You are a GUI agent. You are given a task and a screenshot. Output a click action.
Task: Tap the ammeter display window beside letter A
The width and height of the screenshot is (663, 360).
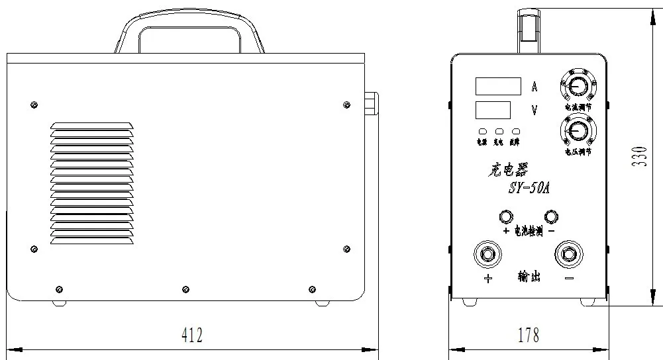point(497,86)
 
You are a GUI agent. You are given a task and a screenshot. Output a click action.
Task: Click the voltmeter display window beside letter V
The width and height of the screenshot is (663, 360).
point(492,109)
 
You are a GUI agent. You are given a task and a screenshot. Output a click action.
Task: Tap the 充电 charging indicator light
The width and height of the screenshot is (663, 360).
point(499,132)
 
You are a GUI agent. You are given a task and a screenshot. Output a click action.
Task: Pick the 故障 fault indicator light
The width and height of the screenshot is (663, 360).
point(515,132)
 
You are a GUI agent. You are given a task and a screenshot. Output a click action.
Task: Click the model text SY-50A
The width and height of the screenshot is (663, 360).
point(528,189)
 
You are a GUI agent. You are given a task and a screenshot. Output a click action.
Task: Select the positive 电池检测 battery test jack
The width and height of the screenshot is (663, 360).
point(505,216)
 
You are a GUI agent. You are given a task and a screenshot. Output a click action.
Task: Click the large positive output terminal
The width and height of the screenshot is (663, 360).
point(488,254)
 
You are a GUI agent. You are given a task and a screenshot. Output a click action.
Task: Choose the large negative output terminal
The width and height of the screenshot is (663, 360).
point(569,254)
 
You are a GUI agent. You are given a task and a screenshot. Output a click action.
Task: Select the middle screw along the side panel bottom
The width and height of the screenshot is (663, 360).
point(185,289)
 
